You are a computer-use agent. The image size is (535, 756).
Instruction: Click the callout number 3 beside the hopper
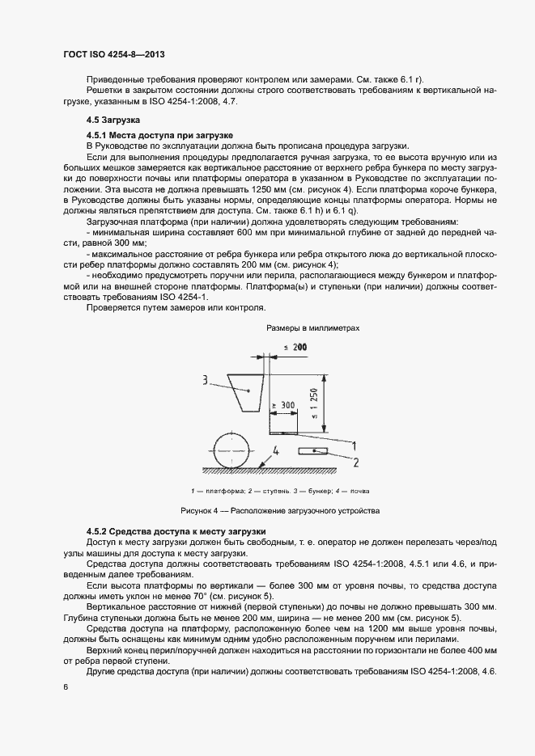[x=206, y=378]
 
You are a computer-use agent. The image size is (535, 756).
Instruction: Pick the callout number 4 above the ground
[x=276, y=450]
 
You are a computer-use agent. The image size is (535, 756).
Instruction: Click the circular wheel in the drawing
[x=231, y=449]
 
